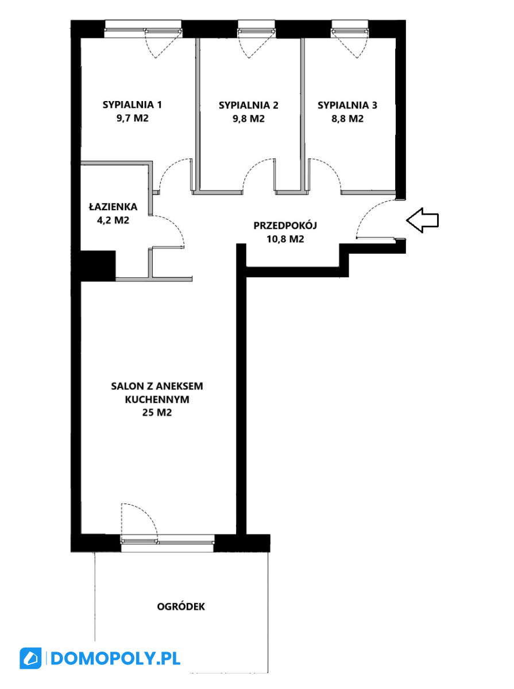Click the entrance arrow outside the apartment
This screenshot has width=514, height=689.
(x=422, y=220)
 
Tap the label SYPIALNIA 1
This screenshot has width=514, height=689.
(x=132, y=104)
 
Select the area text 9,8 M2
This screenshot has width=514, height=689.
(x=248, y=119)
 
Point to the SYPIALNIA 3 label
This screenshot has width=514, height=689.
(x=347, y=105)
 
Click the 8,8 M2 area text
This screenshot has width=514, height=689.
(x=347, y=119)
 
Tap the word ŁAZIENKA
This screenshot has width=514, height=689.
(x=113, y=206)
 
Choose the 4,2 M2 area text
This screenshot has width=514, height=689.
(x=113, y=220)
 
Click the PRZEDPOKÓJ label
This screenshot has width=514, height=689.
(x=285, y=225)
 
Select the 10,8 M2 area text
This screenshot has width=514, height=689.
(x=285, y=239)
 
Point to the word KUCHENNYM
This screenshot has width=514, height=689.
(x=157, y=400)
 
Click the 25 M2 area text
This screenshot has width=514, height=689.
(x=157, y=412)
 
